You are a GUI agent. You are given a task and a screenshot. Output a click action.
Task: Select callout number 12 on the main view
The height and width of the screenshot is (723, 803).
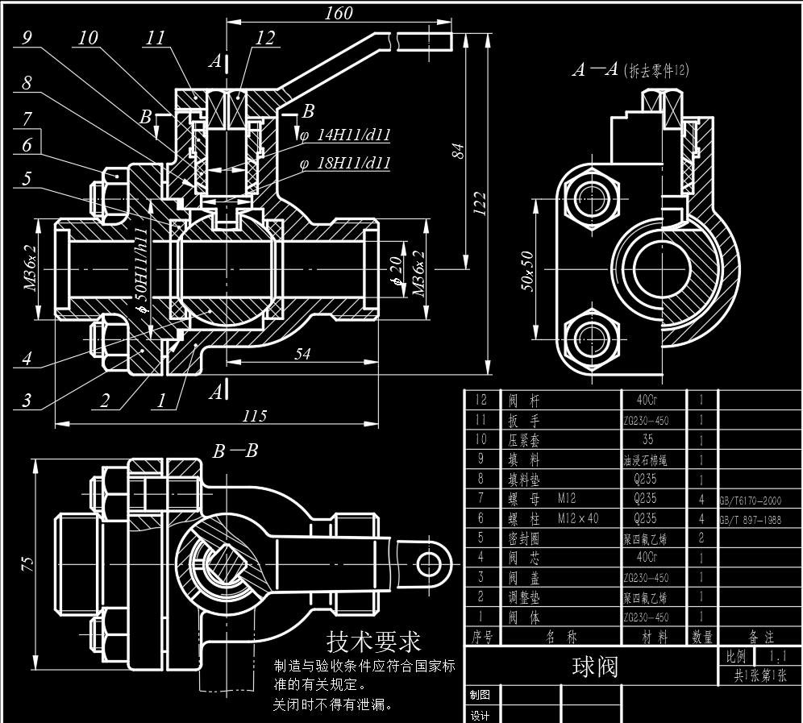(265, 38)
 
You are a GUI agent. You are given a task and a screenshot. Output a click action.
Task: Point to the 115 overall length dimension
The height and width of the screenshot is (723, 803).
(254, 416)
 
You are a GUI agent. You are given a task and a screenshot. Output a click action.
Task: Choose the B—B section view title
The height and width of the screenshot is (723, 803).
(235, 451)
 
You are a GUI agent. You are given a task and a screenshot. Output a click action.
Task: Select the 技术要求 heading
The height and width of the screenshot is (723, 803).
(373, 642)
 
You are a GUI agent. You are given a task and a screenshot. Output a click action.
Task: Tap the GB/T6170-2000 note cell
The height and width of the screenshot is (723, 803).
(750, 500)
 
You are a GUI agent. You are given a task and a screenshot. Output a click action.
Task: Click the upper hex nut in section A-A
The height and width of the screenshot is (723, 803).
(592, 195)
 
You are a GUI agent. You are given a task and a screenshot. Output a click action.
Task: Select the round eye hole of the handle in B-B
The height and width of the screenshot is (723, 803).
(426, 561)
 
